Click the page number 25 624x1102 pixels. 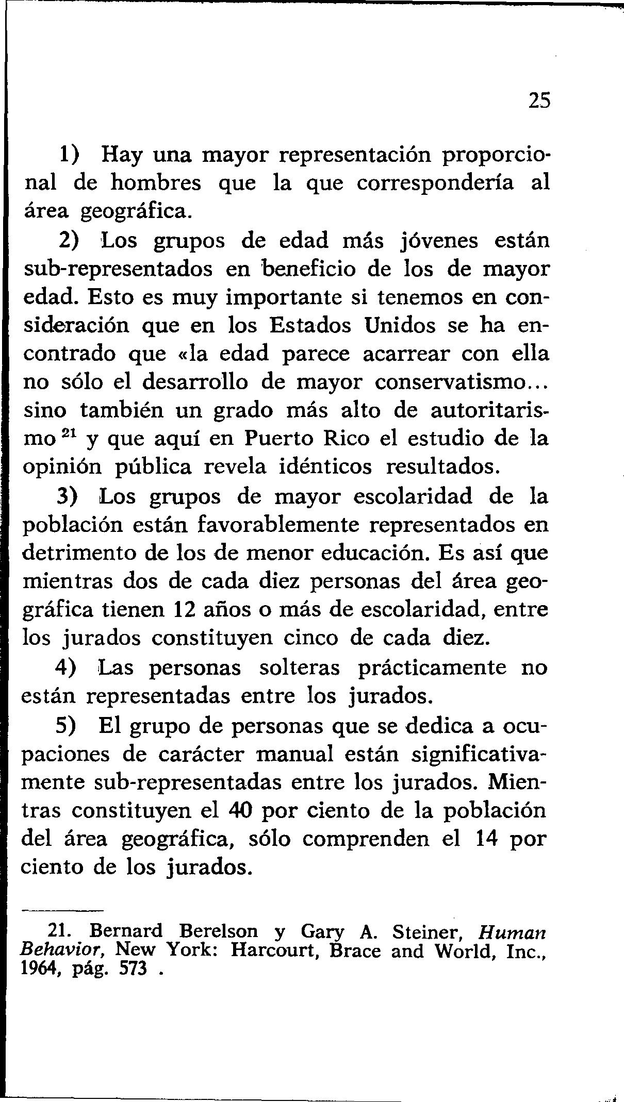(540, 100)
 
